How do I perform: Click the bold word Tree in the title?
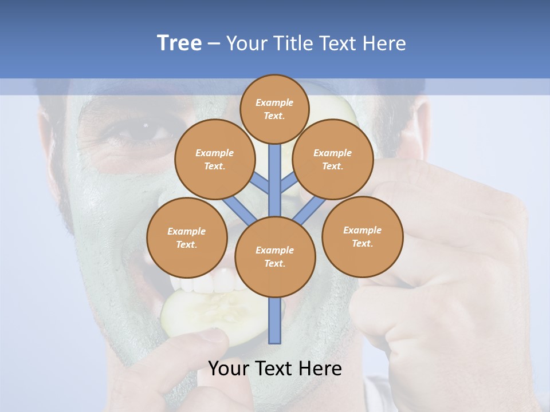pyautogui.click(x=179, y=43)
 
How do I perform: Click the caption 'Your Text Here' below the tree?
pyautogui.click(x=274, y=369)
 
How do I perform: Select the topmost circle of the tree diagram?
pyautogui.click(x=274, y=109)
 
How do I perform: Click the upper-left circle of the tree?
pyautogui.click(x=214, y=160)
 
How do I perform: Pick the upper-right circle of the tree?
pyautogui.click(x=333, y=160)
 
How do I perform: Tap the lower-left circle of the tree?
pyautogui.click(x=187, y=237)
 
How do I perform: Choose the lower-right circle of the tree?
pyautogui.click(x=363, y=236)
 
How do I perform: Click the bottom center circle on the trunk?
pyautogui.click(x=275, y=257)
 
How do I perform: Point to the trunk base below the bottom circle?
pyautogui.click(x=275, y=320)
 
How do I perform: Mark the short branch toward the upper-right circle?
pyautogui.click(x=288, y=183)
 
